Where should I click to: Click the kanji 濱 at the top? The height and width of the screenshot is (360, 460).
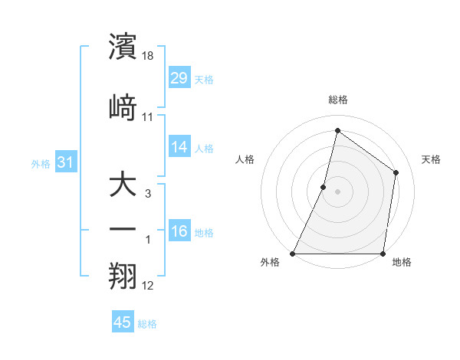click(123, 47)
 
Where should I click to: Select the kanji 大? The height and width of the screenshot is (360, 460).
click(123, 185)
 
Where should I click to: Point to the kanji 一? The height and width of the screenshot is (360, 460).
click(123, 230)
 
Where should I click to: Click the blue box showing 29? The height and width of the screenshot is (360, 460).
click(179, 78)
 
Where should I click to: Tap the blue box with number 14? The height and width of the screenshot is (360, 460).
click(179, 147)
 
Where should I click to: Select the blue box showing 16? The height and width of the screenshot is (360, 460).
click(179, 231)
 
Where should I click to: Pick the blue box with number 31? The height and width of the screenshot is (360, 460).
click(66, 162)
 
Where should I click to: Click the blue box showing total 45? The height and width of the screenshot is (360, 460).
click(123, 322)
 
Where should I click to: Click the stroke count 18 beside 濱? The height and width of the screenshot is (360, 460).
click(149, 57)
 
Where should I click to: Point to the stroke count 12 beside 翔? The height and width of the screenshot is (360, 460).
click(148, 286)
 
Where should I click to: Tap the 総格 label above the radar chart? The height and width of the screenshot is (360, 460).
click(338, 100)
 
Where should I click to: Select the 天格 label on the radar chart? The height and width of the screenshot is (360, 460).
click(431, 159)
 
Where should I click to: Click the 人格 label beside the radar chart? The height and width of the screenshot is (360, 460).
click(245, 159)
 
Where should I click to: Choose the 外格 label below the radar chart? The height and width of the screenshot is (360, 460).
click(270, 262)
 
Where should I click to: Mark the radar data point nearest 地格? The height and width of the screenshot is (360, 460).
click(383, 254)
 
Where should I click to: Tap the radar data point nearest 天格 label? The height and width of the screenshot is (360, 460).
click(396, 172)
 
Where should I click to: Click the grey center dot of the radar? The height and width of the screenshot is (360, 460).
click(337, 191)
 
